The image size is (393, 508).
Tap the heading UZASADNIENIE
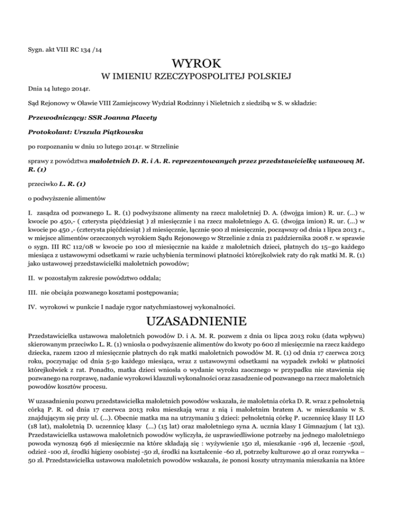tap(196, 322)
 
